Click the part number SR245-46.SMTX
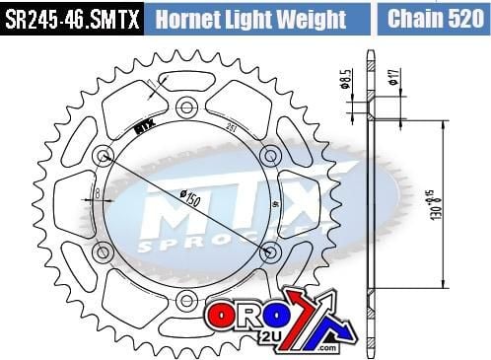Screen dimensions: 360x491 point(71,19)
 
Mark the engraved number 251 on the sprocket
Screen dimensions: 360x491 point(228,125)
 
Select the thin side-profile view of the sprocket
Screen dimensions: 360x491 point(372,197)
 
